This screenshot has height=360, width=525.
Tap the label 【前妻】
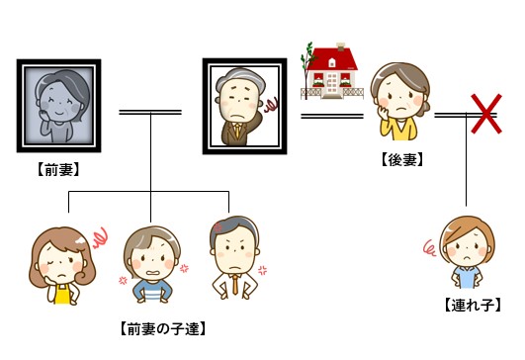(56, 169)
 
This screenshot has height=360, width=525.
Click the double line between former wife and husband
(150, 112)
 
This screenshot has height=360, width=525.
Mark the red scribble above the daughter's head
(99, 237)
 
